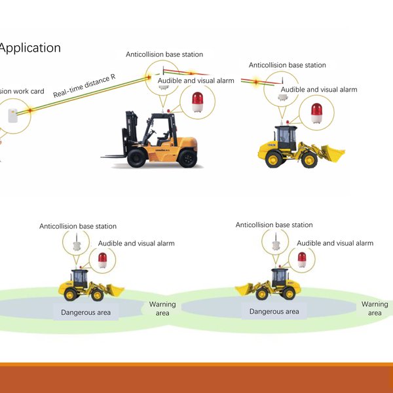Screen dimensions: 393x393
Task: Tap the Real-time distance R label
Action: point(84,86)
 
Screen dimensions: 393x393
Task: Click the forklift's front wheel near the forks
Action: point(138,157)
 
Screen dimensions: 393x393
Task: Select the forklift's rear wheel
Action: point(187,158)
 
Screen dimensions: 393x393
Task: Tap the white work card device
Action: point(12,115)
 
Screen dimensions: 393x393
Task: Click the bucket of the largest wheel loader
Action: point(333,154)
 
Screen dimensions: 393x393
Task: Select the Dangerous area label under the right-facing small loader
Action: point(86,312)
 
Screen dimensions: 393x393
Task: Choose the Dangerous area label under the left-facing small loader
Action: point(274,312)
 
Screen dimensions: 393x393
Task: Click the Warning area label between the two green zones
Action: point(162,309)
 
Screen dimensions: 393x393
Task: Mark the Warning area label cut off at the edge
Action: point(375,309)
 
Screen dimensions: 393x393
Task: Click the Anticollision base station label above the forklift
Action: point(164,54)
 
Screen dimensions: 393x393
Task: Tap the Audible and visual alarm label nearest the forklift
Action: point(196,81)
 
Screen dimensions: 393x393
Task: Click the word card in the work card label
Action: point(37,92)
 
